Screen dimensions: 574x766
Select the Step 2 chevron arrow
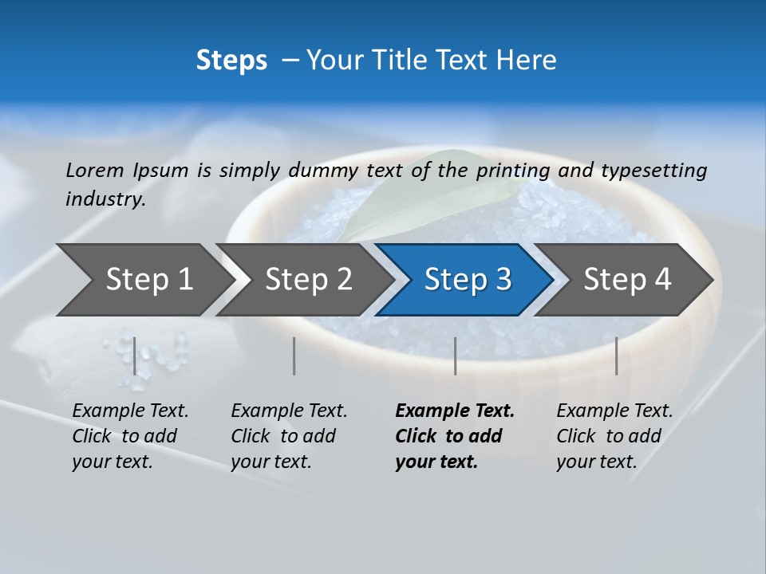[303, 280]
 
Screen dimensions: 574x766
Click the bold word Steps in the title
[231, 61]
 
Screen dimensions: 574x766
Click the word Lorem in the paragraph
[95, 171]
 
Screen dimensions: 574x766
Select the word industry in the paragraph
[105, 199]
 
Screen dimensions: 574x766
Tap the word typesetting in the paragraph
[653, 171]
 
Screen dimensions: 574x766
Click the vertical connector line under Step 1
[135, 356]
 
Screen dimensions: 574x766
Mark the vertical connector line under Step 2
[294, 356]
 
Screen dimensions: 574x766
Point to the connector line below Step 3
[455, 356]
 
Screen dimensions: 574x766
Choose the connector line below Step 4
[616, 356]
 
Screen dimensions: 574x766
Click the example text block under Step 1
[129, 436]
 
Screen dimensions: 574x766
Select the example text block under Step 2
[288, 436]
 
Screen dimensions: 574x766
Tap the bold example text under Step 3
[454, 436]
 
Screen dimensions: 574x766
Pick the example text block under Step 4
[614, 436]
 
